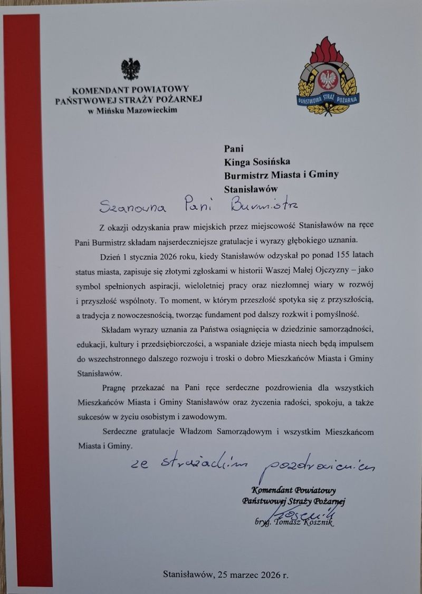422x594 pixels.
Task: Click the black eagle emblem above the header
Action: [x=131, y=69]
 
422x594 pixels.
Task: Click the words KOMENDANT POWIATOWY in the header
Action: [x=130, y=90]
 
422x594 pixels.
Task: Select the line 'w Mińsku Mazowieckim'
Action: [x=133, y=110]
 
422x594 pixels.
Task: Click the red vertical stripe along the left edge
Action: [x=22, y=300]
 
